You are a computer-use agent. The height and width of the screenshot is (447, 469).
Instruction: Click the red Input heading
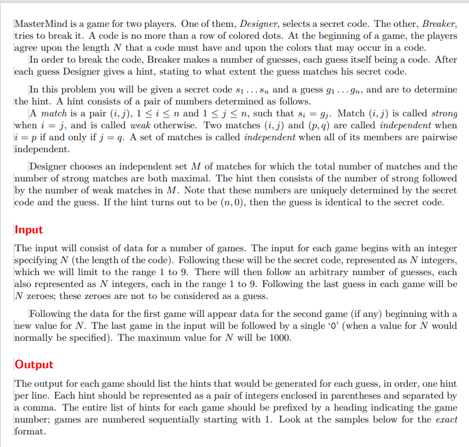pos(28,230)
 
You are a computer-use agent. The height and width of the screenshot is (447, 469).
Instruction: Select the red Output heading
pos(33,364)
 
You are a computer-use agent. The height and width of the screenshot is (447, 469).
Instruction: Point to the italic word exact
pos(444,420)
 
